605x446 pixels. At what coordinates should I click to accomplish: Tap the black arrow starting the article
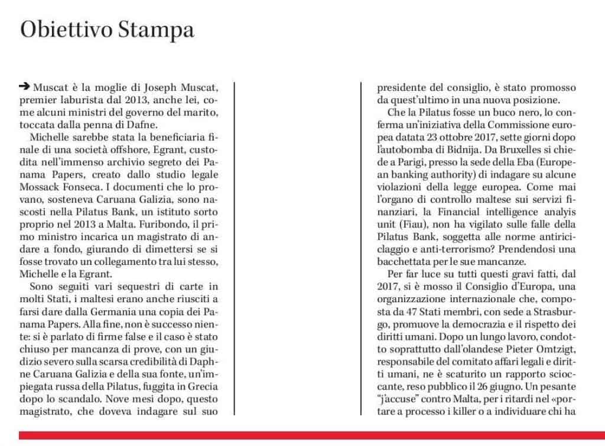(24, 86)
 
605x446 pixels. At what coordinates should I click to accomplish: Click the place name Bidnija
(482, 136)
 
